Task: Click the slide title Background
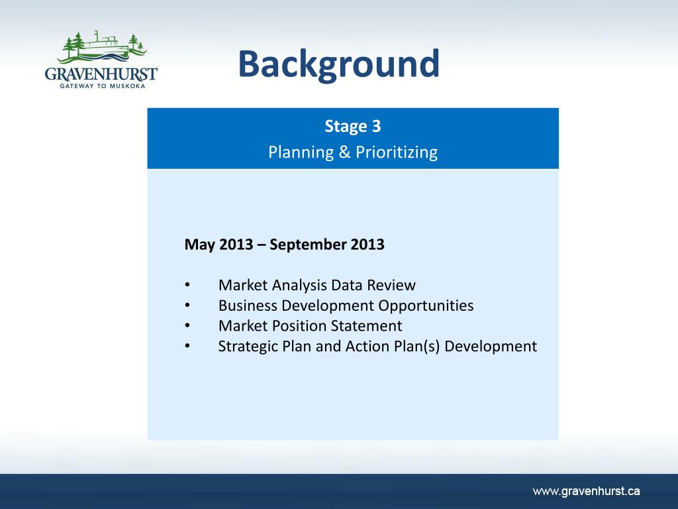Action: pyautogui.click(x=338, y=64)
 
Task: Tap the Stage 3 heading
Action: pyautogui.click(x=353, y=127)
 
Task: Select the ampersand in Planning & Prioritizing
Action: pyautogui.click(x=344, y=152)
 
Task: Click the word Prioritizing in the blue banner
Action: pyautogui.click(x=397, y=152)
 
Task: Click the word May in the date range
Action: pyautogui.click(x=199, y=245)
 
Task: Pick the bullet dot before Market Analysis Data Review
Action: pyautogui.click(x=187, y=285)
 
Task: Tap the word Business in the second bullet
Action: pyautogui.click(x=248, y=306)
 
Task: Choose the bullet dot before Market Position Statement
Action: pyautogui.click(x=187, y=325)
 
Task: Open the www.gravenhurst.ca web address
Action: pyautogui.click(x=587, y=491)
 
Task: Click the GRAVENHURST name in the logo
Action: pyautogui.click(x=101, y=74)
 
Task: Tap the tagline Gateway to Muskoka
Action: pyautogui.click(x=103, y=86)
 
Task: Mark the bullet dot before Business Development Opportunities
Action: pyautogui.click(x=187, y=305)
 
